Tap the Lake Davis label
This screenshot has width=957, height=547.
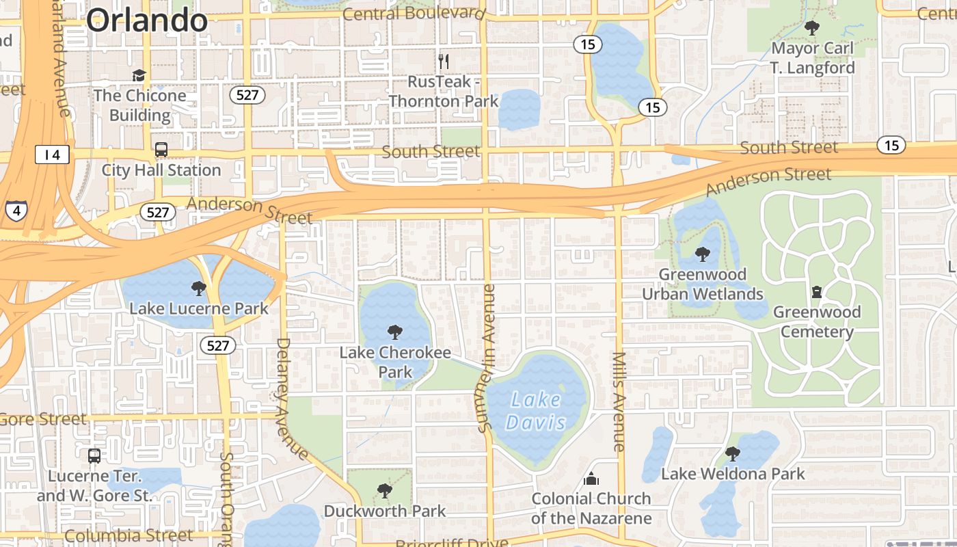point(536,410)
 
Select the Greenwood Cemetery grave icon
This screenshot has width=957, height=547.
point(816,292)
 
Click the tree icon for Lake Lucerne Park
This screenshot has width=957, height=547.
point(199,288)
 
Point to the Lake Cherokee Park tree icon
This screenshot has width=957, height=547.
point(394,332)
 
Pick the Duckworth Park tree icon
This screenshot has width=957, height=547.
point(385,490)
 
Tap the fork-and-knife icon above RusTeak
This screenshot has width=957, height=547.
point(444,62)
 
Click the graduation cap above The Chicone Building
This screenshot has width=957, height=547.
point(139,75)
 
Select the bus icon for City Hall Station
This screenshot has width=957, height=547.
point(161,149)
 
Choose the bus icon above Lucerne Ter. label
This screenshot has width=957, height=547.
point(94,455)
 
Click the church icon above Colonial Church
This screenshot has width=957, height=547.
point(591,478)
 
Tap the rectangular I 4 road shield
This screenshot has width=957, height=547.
point(52,155)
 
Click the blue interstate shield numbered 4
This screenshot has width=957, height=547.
point(16,210)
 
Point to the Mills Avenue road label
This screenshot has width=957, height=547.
point(619,401)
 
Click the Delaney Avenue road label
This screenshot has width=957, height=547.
point(291,399)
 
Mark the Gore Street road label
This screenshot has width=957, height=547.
point(44,418)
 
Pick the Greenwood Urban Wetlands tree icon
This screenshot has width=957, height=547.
point(702,254)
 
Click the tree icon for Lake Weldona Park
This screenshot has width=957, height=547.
point(732,453)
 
